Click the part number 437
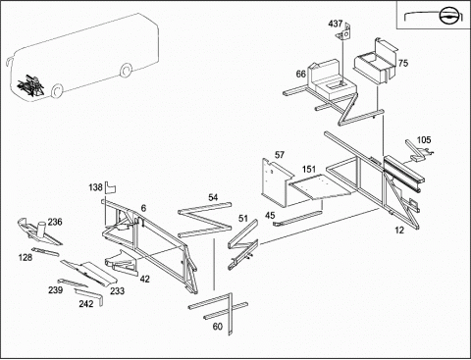[x=336, y=24]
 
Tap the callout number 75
[x=403, y=63]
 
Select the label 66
[x=301, y=74]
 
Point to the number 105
[x=424, y=140]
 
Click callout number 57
[x=280, y=155]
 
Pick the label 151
[x=309, y=169]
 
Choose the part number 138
[x=96, y=187]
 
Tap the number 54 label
[x=213, y=197]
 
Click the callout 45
[x=270, y=216]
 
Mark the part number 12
[x=399, y=231]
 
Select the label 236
[x=55, y=222]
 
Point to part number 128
[x=26, y=257]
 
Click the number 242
[x=86, y=304]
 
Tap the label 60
[x=218, y=327]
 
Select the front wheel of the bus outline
[x=57, y=90]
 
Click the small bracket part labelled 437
[x=343, y=32]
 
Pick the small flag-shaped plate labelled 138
[x=111, y=187]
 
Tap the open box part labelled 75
[x=376, y=62]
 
